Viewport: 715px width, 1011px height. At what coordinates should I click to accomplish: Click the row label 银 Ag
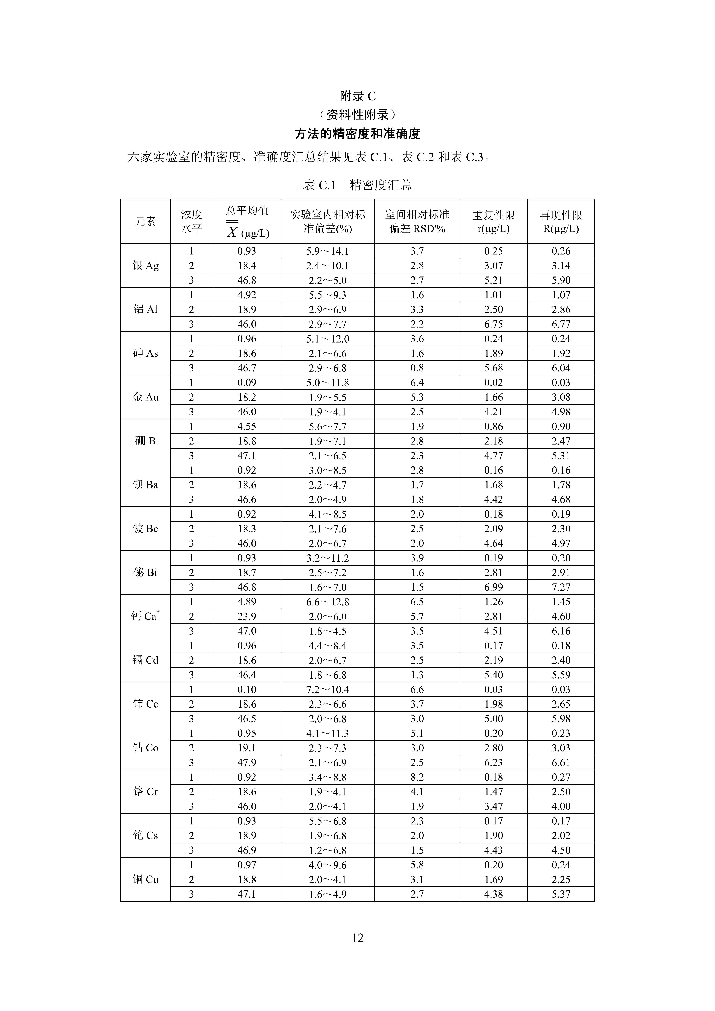point(145,266)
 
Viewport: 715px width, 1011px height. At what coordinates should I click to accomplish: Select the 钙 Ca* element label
point(145,616)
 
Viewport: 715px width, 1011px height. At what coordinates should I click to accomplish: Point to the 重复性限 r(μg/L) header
point(493,222)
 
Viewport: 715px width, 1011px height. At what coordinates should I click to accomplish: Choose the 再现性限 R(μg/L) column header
point(561,222)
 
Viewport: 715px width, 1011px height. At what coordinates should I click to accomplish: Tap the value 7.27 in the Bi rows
point(561,587)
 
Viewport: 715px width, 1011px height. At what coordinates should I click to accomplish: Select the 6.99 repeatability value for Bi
point(493,587)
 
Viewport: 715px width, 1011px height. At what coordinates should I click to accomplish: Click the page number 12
point(357,938)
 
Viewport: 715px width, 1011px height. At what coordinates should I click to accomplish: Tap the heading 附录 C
point(357,96)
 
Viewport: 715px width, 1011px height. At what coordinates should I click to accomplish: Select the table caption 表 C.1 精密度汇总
point(357,185)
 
